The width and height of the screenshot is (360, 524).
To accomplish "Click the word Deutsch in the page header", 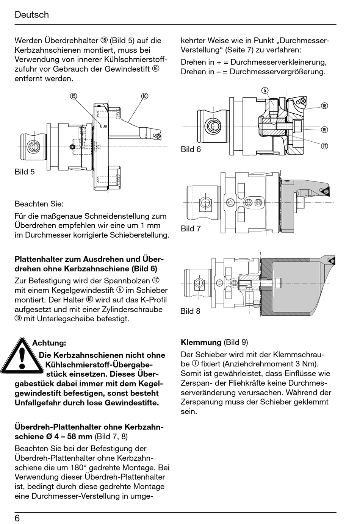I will point(32,15).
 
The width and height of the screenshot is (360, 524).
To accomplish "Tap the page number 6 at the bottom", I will point(17,518).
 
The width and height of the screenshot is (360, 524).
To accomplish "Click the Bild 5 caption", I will point(25,172).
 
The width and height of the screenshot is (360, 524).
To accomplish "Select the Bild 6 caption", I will point(191,149).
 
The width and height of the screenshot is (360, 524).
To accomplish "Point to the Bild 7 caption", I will point(191,228).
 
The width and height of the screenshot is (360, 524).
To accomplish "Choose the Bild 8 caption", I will point(190,311).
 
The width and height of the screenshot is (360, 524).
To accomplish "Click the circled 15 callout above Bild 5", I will point(74,96).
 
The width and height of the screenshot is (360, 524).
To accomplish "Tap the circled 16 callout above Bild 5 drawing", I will point(144,96).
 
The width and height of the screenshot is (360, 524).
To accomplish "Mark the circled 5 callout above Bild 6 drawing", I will point(265,90).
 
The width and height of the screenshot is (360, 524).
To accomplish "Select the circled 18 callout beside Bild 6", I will point(324,106).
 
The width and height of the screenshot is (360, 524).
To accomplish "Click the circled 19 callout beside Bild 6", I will point(324,130).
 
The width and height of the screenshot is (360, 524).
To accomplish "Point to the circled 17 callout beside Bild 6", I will point(324,146).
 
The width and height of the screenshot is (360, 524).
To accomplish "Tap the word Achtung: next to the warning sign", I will point(49,343).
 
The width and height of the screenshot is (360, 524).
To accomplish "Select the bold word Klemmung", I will point(201,342).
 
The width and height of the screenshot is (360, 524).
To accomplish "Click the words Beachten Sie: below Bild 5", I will point(39,203).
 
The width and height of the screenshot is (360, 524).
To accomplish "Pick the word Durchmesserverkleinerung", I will point(279,62).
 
